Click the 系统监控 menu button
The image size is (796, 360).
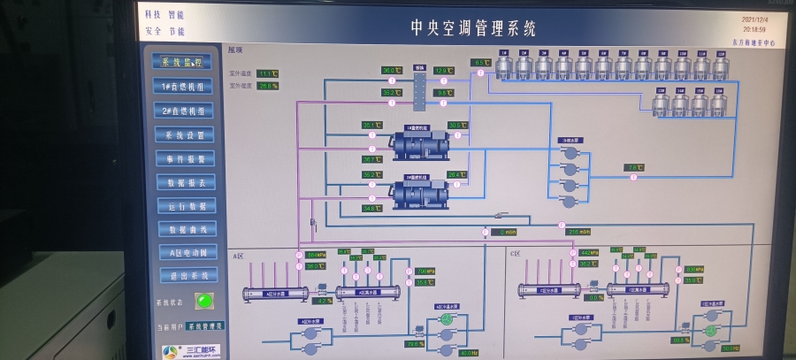click(183, 62)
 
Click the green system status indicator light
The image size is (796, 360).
click(203, 300)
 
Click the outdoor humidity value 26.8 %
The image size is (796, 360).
click(268, 86)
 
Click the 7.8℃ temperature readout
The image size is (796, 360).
click(634, 167)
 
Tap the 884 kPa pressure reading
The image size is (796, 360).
click(315, 255)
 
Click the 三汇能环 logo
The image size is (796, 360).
click(189, 349)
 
